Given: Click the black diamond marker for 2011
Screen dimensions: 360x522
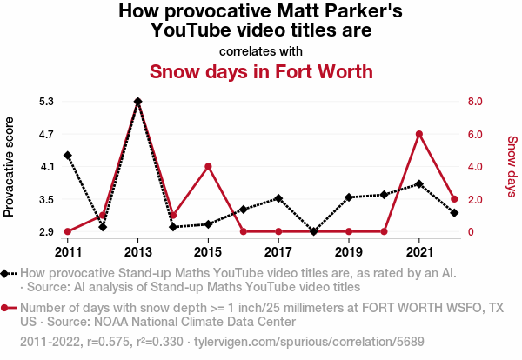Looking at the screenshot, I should click(67, 156).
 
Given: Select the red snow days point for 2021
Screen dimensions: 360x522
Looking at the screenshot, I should click(419, 134).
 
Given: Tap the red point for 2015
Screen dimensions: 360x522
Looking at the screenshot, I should click(208, 166).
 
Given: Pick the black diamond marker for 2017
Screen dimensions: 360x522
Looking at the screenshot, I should click(278, 198).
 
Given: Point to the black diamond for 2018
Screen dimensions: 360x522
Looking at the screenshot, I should click(313, 231).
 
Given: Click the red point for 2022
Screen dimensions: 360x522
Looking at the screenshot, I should click(454, 199).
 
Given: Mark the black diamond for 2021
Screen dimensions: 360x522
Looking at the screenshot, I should click(419, 184).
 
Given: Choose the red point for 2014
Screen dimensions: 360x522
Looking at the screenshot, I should click(173, 216).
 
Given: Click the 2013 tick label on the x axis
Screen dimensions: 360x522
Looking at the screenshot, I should click(137, 251).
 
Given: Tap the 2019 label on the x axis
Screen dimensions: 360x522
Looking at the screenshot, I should click(349, 251).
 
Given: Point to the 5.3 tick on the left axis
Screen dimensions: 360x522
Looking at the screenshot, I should click(46, 102).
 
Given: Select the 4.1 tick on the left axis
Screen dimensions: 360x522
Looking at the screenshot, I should click(46, 167).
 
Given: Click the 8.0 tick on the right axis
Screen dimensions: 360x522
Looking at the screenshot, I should click(475, 102).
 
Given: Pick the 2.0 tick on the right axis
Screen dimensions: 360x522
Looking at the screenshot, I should click(475, 199).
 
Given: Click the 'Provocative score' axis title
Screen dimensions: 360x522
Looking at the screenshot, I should click(10, 166).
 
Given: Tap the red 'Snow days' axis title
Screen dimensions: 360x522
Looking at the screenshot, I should click(512, 166).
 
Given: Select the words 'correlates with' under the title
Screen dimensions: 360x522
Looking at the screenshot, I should click(261, 50).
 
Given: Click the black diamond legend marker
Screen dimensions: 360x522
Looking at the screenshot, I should click(6, 274).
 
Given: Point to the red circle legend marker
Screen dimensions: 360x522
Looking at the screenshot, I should click(6, 308).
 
